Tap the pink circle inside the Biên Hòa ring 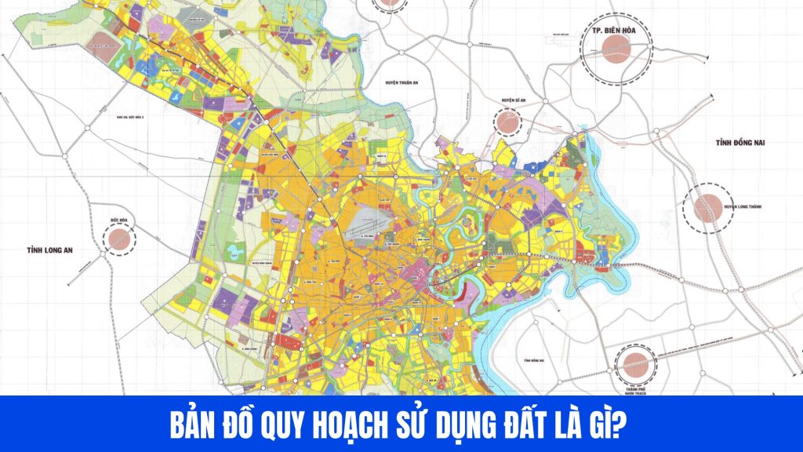click(616, 50)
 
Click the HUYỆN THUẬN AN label click(393, 81)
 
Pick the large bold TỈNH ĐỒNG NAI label click(739, 144)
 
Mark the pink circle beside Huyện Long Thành click(707, 207)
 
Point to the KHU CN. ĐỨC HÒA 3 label click(130, 118)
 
